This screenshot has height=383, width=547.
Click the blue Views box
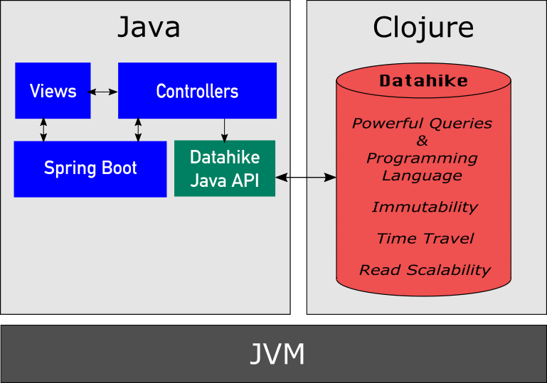tap(53, 91)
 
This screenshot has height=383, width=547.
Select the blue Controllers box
tap(197, 91)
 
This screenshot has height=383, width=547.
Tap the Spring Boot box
tap(90, 168)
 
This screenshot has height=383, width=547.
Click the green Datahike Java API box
tap(225, 168)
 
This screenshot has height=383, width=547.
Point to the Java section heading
tap(148, 28)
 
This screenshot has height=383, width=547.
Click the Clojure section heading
tap(423, 28)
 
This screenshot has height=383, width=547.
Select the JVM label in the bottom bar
tap(277, 354)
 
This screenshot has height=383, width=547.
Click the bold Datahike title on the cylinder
tap(423, 81)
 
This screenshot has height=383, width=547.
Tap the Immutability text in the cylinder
tap(424, 207)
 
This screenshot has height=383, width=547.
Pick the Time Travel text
tap(425, 239)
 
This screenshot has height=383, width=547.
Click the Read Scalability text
tap(425, 270)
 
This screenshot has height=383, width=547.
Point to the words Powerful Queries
tap(422, 124)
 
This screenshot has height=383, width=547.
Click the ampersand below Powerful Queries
tap(423, 141)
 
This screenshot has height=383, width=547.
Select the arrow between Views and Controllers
tap(104, 92)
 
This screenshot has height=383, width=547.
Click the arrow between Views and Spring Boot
tap(44, 129)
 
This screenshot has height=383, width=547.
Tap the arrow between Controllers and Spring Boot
tap(138, 129)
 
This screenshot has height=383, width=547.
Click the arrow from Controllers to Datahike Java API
tap(225, 129)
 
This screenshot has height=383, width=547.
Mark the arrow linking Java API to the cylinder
tap(306, 176)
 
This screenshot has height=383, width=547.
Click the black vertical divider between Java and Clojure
tap(298, 156)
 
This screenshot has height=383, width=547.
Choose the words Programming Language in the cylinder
tap(423, 166)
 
